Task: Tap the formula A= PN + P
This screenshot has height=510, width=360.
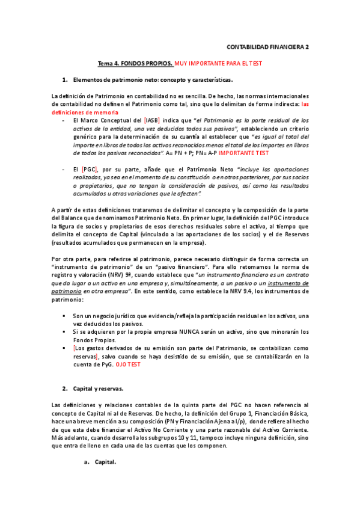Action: tap(182, 153)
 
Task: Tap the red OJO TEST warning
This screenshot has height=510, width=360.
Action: tap(127, 364)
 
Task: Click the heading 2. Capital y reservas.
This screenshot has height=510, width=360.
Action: tap(97, 389)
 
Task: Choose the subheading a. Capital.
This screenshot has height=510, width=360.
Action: tap(100, 462)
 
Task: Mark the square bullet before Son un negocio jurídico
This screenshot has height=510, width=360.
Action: tap(64, 315)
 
